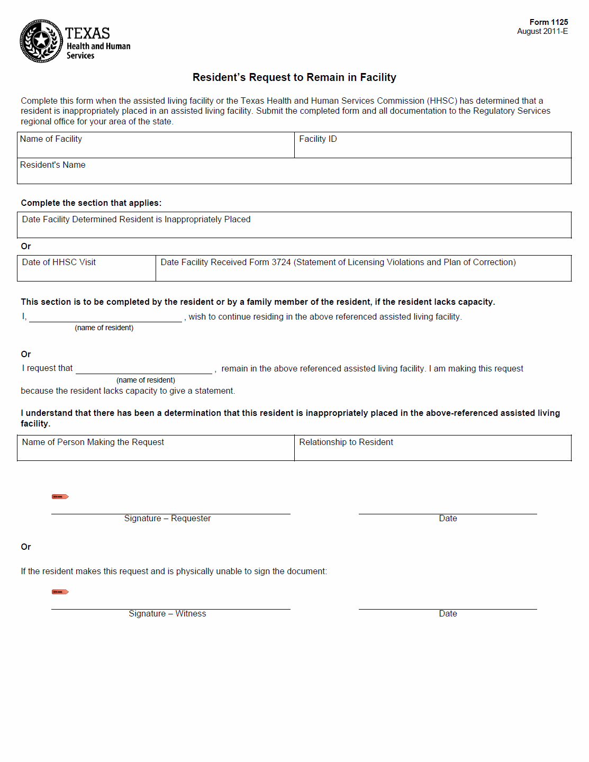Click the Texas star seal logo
41,41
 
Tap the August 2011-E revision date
542,31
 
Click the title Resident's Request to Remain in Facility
294,77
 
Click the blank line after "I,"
105,317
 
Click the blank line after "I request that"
143,369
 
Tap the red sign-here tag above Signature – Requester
60,496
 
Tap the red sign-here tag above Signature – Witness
60,592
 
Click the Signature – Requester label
167,519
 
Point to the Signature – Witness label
167,614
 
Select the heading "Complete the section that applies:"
91,203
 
